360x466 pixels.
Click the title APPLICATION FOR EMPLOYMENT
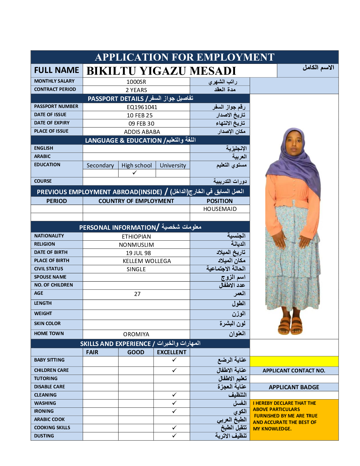point(184,57)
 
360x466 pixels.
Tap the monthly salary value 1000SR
point(136,82)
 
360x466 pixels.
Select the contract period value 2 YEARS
point(136,90)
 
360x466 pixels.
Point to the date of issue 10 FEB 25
point(140,115)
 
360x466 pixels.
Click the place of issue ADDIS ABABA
point(142,132)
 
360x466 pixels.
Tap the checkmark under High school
point(135,173)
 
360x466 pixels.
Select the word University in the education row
point(173,165)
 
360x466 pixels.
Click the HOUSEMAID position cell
point(220,209)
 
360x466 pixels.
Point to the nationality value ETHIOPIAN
point(136,237)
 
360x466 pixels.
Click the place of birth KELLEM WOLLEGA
point(147,261)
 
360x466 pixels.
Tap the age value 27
point(137,294)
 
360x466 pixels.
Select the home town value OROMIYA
point(136,334)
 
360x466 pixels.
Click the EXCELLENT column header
point(171,352)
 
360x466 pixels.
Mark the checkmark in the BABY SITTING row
point(174,360)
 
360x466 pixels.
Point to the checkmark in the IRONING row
point(174,411)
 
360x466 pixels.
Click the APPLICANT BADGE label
point(294,387)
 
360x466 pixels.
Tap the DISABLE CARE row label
point(49,387)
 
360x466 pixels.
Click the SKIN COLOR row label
point(47,323)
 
